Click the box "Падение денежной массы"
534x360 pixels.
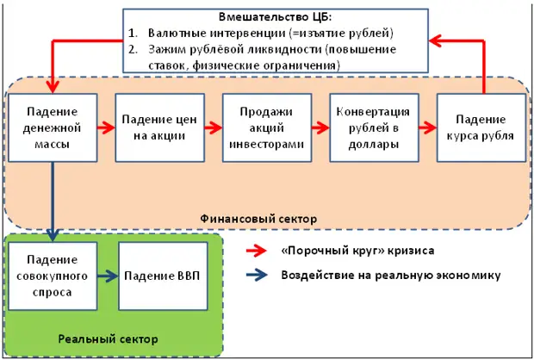pyautogui.click(x=53, y=127)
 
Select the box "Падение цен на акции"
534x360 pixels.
pyautogui.click(x=159, y=127)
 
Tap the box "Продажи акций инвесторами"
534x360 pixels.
pyautogui.click(x=267, y=127)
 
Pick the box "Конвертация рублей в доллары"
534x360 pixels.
pyautogui.click(x=375, y=127)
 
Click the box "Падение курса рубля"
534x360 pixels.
pyautogui.click(x=481, y=127)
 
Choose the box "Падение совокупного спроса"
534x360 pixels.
pyautogui.click(x=53, y=276)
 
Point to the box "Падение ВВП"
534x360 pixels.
pyautogui.click(x=163, y=276)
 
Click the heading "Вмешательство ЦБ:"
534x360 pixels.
pyautogui.click(x=275, y=17)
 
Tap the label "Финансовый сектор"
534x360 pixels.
pyautogui.click(x=258, y=219)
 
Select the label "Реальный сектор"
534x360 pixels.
pyautogui.click(x=108, y=338)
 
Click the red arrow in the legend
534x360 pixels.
pyautogui.click(x=257, y=251)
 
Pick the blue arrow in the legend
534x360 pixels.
pyautogui.click(x=257, y=276)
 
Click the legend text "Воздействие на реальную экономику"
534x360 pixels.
pyautogui.click(x=391, y=276)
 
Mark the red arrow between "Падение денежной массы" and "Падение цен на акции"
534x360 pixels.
pyautogui.click(x=106, y=127)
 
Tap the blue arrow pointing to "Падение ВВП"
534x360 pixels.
pyautogui.click(x=108, y=276)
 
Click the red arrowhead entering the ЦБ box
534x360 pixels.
pyautogui.click(x=435, y=40)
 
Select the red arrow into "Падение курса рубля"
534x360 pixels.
pyautogui.click(x=428, y=127)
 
